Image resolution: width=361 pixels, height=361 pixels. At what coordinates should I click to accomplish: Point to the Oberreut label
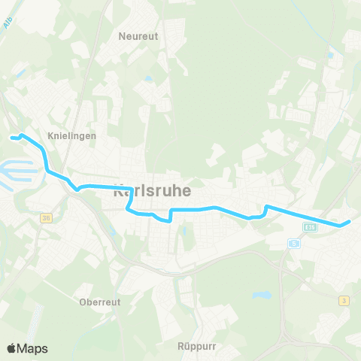tap(99, 303)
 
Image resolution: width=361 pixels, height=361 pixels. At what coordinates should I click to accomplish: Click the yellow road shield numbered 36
tap(46, 218)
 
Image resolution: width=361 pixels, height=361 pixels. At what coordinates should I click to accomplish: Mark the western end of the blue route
tap(11, 137)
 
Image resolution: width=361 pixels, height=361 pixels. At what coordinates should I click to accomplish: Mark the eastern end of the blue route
tap(350, 222)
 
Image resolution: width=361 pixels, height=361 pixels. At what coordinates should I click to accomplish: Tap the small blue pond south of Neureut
tap(148, 78)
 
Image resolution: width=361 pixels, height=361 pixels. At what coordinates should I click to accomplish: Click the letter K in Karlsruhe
tap(117, 192)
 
